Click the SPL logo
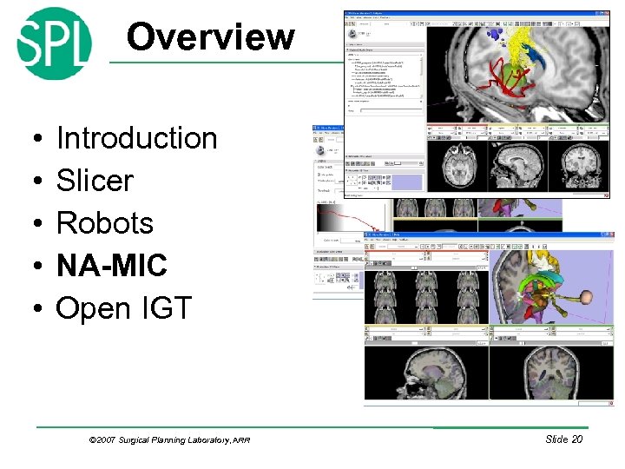click(54, 43)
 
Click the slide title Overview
click(210, 37)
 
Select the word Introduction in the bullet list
click(136, 138)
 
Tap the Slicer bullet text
click(95, 181)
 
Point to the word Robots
click(104, 223)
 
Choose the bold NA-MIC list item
click(111, 266)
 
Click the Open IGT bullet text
click(123, 308)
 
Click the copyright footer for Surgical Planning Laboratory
click(169, 440)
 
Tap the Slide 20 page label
click(563, 439)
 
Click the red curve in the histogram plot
click(347, 218)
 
